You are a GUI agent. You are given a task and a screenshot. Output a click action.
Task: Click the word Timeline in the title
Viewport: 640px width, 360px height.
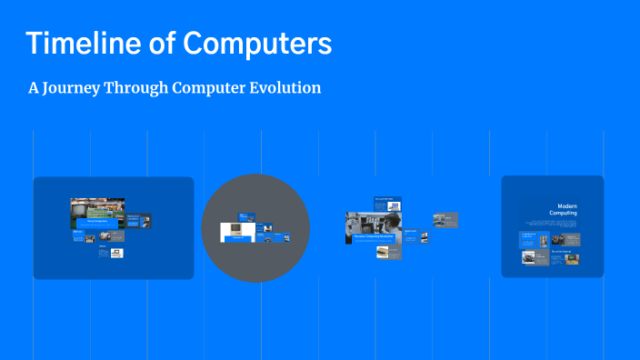coord(74,44)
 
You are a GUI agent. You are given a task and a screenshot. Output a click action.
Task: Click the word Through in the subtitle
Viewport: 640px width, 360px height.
coord(141,89)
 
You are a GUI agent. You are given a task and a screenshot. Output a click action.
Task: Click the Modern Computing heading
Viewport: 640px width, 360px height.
coord(561,209)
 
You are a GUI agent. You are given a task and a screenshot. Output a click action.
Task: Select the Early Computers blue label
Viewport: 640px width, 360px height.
coord(97,221)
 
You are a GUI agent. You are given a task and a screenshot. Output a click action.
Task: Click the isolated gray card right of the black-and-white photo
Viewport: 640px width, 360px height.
coord(445,219)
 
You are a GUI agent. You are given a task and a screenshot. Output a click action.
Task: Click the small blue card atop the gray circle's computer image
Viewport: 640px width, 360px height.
coord(244,217)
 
